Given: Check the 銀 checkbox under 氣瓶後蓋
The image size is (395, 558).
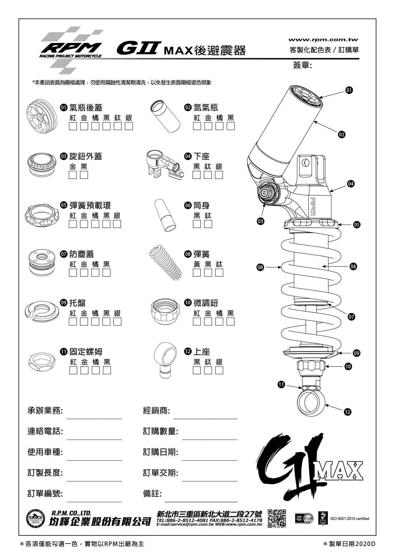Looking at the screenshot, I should (x=129, y=126).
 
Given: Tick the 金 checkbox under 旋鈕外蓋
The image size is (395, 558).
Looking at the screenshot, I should (x=73, y=175).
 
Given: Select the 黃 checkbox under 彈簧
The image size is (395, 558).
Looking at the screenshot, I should (x=197, y=273).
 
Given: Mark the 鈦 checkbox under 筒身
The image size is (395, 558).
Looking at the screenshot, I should (x=208, y=224).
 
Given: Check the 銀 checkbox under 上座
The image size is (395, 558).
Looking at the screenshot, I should (x=219, y=370).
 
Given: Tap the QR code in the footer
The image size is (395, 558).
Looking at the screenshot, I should (x=277, y=518).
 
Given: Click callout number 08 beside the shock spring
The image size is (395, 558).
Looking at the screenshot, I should (x=260, y=267).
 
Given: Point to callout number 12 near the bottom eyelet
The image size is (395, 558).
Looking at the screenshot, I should (x=348, y=412).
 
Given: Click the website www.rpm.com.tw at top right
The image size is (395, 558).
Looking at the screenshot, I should (x=323, y=40).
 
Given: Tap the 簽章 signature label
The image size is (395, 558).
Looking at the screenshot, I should (x=302, y=65).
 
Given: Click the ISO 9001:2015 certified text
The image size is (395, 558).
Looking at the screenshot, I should (x=349, y=519).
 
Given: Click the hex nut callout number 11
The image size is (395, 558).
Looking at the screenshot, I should (x=281, y=385).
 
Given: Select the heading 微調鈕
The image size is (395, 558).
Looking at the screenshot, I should (x=206, y=303).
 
